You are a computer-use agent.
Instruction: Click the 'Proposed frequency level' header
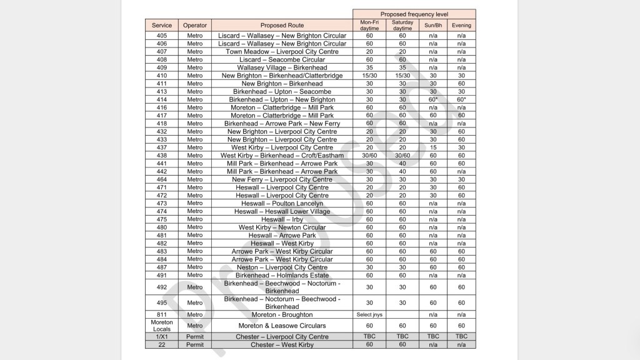414,14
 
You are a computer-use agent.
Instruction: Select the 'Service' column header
162,26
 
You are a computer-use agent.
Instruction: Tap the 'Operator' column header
195,26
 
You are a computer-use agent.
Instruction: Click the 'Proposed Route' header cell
282,26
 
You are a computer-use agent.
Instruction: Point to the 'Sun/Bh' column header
432,26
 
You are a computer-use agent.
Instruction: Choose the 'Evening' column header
462,26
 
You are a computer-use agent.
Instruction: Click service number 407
162,52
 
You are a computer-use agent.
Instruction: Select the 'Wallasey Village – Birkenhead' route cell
282,67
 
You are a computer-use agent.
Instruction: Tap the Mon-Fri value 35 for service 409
369,67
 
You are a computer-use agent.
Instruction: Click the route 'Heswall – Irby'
282,219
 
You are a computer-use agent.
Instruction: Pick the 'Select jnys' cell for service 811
369,314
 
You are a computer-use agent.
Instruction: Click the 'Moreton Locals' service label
162,326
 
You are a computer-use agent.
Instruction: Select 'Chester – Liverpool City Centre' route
282,337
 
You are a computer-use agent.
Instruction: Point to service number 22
162,344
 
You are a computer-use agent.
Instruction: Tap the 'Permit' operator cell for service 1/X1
195,337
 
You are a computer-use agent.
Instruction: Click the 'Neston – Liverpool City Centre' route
282,267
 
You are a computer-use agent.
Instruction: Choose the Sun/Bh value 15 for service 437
432,147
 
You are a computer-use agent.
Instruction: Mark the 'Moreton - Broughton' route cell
282,314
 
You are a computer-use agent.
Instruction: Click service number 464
162,179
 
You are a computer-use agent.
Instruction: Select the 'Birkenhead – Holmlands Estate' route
282,275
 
